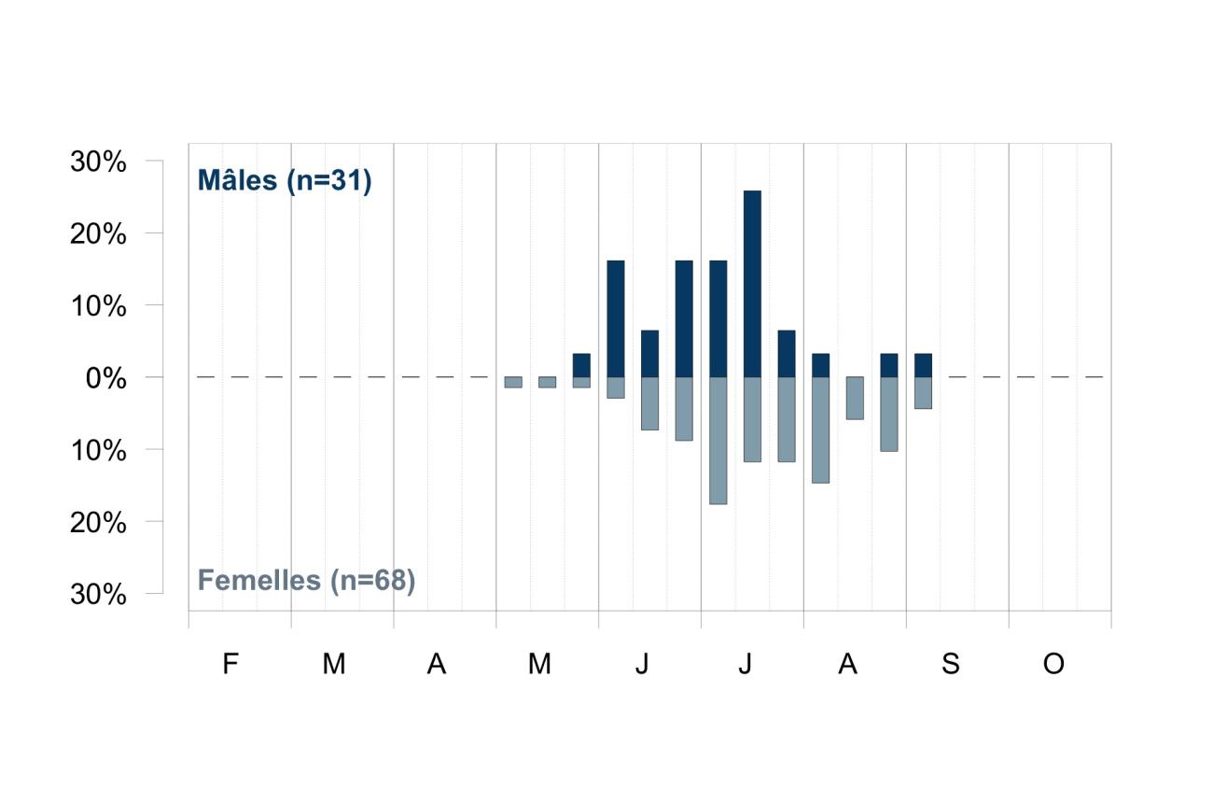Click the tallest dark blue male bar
pyautogui.click(x=752, y=284)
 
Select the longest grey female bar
pyautogui.click(x=718, y=441)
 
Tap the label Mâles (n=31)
pyautogui.click(x=285, y=180)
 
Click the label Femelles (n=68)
pyautogui.click(x=306, y=581)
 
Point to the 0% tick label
pyautogui.click(x=106, y=378)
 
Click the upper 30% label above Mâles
pyautogui.click(x=98, y=162)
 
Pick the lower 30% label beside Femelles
pyautogui.click(x=98, y=595)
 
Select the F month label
pyautogui.click(x=230, y=663)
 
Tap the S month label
pyautogui.click(x=951, y=663)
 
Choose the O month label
pyautogui.click(x=1053, y=663)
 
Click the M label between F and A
pyautogui.click(x=334, y=663)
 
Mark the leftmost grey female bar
pyautogui.click(x=513, y=382)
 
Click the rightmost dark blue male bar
pyautogui.click(x=924, y=365)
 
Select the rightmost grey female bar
pyautogui.click(x=924, y=393)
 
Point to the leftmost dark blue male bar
pyautogui.click(x=581, y=365)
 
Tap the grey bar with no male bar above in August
pyautogui.click(x=855, y=399)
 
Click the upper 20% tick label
pyautogui.click(x=98, y=234)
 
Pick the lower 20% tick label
pyautogui.click(x=98, y=522)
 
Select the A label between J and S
pyautogui.click(x=847, y=663)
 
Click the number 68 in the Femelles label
pyautogui.click(x=389, y=580)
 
